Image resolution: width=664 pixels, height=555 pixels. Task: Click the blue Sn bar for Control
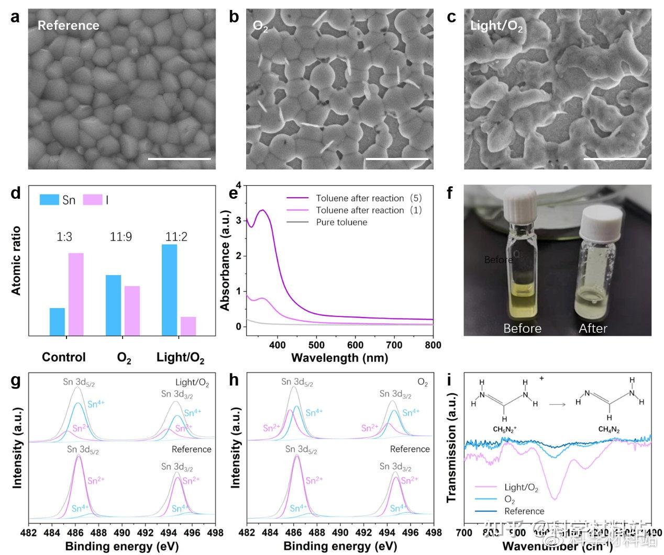pos(57,322)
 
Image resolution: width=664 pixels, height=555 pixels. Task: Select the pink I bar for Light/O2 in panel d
pos(188,326)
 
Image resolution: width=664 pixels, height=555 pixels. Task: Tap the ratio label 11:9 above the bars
pos(120,237)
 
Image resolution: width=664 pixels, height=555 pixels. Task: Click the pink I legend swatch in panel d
pos(93,200)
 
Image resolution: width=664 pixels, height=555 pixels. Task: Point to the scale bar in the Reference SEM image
pos(179,158)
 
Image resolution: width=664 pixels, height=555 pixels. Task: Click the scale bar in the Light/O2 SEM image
pos(615,158)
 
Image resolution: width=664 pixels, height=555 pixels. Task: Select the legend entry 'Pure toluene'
pos(341,222)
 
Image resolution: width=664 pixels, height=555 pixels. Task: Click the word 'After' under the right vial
pos(593,329)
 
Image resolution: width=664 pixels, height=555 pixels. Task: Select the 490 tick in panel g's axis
pos(122,533)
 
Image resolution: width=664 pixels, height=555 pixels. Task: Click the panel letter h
pos(234,380)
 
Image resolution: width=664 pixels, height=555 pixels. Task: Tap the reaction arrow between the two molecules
pos(557,404)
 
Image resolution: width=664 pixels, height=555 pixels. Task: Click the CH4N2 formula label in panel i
pos(609,430)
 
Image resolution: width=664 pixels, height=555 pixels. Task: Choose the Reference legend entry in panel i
pos(524,511)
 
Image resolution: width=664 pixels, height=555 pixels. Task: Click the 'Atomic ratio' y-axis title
pos(16,260)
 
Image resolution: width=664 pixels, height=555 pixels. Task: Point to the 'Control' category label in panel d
pos(63,357)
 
